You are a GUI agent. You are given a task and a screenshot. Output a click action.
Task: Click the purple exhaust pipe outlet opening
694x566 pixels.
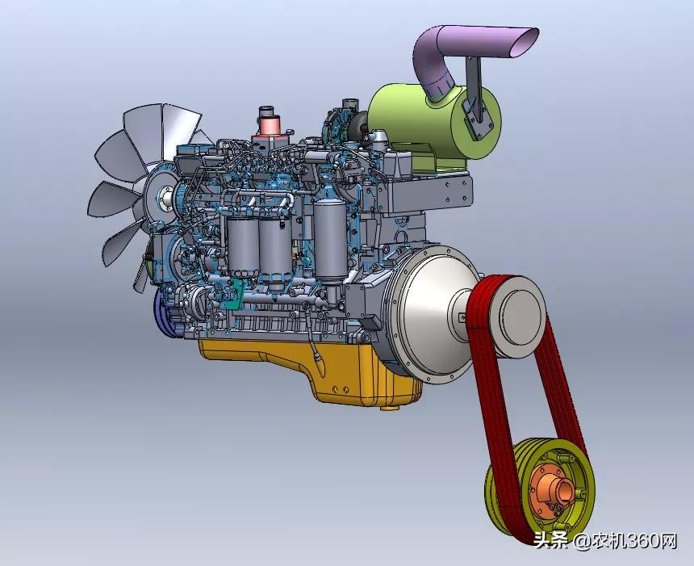point(525,43)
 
